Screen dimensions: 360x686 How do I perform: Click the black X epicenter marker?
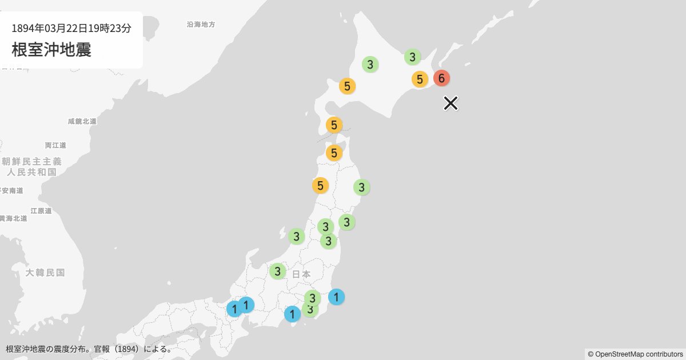coord(450,103)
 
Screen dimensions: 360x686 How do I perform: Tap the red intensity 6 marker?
coord(441,78)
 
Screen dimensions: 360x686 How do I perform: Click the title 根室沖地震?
coord(51,49)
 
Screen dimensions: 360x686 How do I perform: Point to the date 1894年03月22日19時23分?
coord(71,27)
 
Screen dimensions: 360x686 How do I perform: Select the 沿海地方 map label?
coord(201,25)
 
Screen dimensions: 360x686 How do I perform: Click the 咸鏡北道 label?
coord(82,121)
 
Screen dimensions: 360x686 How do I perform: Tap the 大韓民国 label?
coord(45,273)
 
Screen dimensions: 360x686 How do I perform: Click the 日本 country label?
coord(301,274)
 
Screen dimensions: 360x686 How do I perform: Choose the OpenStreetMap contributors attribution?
coord(635,354)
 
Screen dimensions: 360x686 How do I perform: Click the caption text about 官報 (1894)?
coord(89,349)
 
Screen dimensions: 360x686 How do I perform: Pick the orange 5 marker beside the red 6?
coord(420,79)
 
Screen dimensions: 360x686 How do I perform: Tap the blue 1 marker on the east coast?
coord(337,297)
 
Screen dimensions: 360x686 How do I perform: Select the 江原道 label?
coord(41,211)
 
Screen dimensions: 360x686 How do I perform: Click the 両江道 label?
coord(56,145)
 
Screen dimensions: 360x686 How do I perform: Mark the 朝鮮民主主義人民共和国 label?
coord(31,166)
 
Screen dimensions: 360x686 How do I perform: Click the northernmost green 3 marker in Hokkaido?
coord(412,57)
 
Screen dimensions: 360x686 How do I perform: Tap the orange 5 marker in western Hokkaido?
coord(347,86)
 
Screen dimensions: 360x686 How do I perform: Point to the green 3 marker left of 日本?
coord(277,271)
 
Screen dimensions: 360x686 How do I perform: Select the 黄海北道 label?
coord(13,218)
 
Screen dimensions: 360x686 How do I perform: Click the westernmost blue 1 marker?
coord(234,309)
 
